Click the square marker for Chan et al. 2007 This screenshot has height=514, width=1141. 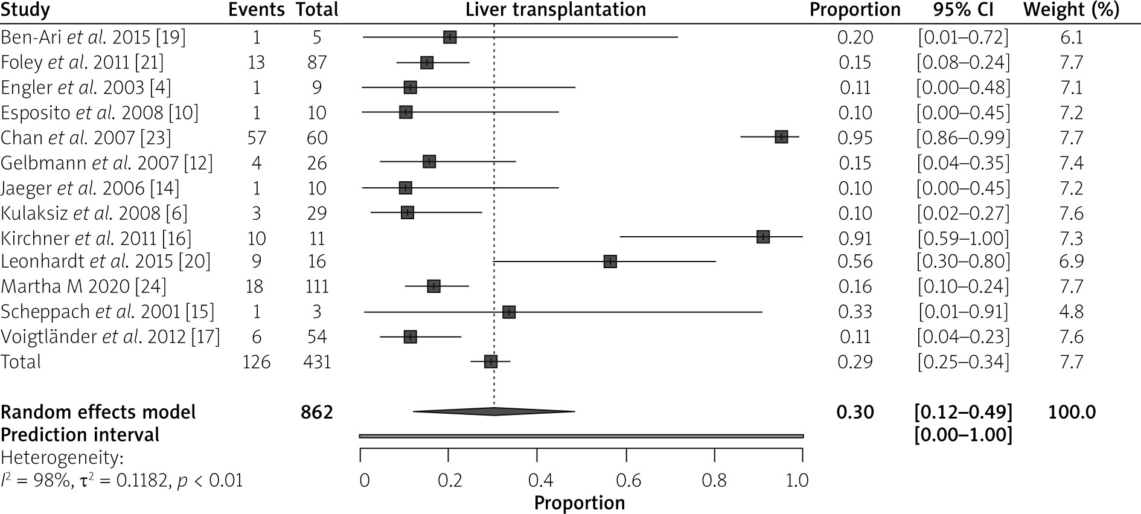point(781,137)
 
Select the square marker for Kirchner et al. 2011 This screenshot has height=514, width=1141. point(763,237)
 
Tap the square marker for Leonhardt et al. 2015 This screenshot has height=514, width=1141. point(610,262)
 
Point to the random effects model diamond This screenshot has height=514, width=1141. point(494,412)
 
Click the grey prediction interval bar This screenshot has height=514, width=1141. point(581,435)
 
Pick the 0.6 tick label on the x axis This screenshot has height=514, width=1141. point(628,481)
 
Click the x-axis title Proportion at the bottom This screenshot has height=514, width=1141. point(580,503)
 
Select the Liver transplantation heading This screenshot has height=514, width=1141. point(555,10)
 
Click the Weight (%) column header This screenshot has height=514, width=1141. point(1071,10)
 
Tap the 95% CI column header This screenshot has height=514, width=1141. point(964,10)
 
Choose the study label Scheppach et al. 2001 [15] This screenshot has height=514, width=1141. point(107,312)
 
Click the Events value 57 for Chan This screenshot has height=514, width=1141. point(257,138)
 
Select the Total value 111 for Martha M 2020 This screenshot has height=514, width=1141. point(317,286)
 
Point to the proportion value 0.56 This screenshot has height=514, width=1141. point(855,262)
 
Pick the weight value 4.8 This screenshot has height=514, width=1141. point(1071,312)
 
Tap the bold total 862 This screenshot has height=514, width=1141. point(317,412)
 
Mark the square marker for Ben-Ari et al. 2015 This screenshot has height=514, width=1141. point(450,37)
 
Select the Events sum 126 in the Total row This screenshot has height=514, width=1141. point(257,362)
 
